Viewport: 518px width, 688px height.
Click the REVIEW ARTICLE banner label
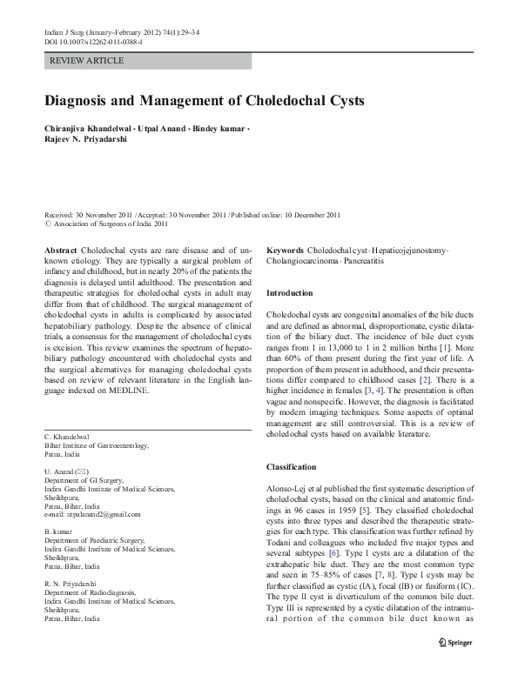[87, 61]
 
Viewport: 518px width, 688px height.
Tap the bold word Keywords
[286, 250]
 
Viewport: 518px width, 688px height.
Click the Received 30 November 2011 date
[101, 213]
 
